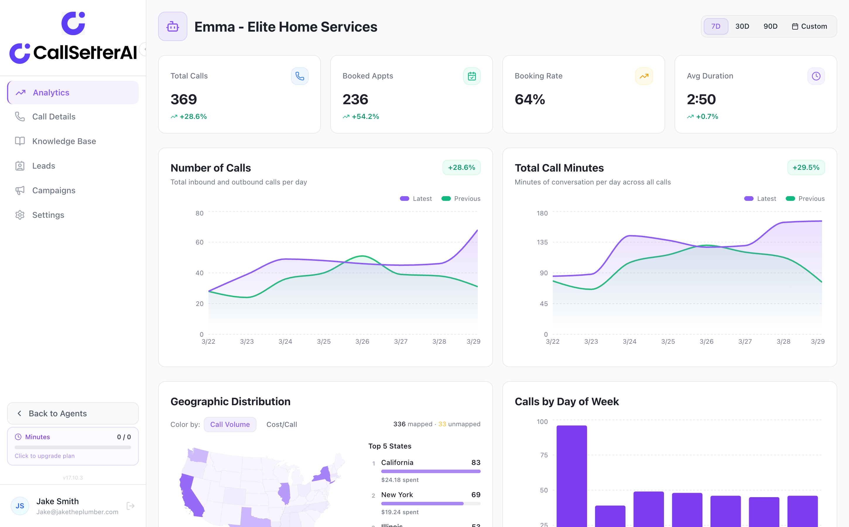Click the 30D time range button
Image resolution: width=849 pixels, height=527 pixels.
tap(742, 26)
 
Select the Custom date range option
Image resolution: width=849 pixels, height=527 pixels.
tap(809, 26)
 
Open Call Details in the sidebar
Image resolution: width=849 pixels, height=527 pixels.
tap(54, 117)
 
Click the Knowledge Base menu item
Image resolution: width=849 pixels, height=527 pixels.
tap(64, 141)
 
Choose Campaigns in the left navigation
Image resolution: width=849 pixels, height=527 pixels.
tap(54, 190)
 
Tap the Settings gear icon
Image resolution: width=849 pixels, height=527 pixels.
tap(20, 215)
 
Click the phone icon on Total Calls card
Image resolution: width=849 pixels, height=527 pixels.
tap(300, 76)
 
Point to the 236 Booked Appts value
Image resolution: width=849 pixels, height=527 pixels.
tap(355, 100)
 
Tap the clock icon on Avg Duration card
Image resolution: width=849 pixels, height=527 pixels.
tap(816, 76)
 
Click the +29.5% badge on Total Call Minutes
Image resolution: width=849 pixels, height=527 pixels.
tap(806, 168)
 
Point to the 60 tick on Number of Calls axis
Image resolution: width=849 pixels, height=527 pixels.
tap(199, 242)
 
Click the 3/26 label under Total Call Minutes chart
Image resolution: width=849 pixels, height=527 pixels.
tap(706, 342)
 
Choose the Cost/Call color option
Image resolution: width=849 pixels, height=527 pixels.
tap(282, 425)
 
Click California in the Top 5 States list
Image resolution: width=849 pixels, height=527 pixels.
tap(397, 463)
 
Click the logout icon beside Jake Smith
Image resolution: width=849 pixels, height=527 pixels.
tap(130, 506)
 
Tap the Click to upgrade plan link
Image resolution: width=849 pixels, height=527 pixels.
tap(44, 456)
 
